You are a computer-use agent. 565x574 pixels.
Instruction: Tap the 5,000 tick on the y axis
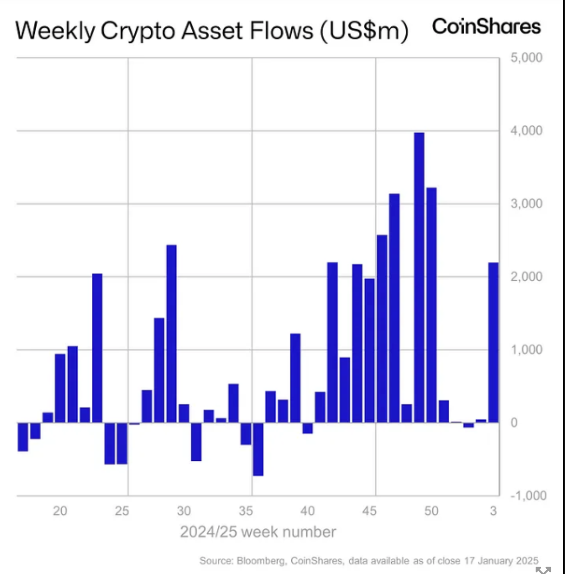pos(526,57)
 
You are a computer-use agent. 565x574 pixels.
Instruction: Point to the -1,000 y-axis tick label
pos(528,495)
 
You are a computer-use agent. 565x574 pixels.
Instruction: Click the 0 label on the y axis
pos(514,423)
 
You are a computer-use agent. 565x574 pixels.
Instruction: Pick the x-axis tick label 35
pos(246,511)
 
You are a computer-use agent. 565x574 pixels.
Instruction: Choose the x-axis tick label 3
pos(494,511)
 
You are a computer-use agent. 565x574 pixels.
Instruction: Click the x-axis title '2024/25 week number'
pos(258,532)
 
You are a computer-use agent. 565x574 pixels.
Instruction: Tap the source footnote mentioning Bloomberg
pos(369,561)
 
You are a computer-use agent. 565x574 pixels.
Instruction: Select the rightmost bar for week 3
pos(494,343)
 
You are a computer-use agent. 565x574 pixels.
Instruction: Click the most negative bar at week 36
pos(258,449)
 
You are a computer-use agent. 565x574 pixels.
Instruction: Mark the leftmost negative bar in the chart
pos(23,437)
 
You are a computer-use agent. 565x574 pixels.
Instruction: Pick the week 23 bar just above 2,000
pos(97,348)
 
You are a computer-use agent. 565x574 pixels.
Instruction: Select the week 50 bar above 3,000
pos(431,305)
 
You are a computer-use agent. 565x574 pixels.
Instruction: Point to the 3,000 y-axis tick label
pos(526,204)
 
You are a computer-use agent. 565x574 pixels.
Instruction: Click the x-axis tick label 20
pos(60,511)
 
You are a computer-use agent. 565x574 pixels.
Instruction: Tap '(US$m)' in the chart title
pos(364,31)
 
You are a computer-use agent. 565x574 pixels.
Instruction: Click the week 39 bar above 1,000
pos(295,378)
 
